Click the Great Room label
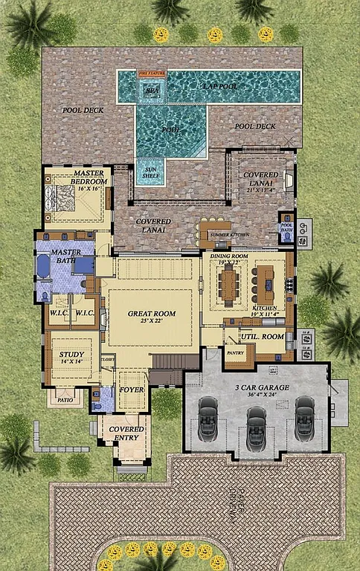pos(152,314)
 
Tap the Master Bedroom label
pos(89,177)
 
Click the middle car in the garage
pos(256,425)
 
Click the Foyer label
pos(131,390)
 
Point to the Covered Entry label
pos(126,433)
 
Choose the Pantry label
pos(236,352)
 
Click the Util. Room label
pos(262,337)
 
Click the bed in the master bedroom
pos(60,199)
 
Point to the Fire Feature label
pos(151,74)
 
